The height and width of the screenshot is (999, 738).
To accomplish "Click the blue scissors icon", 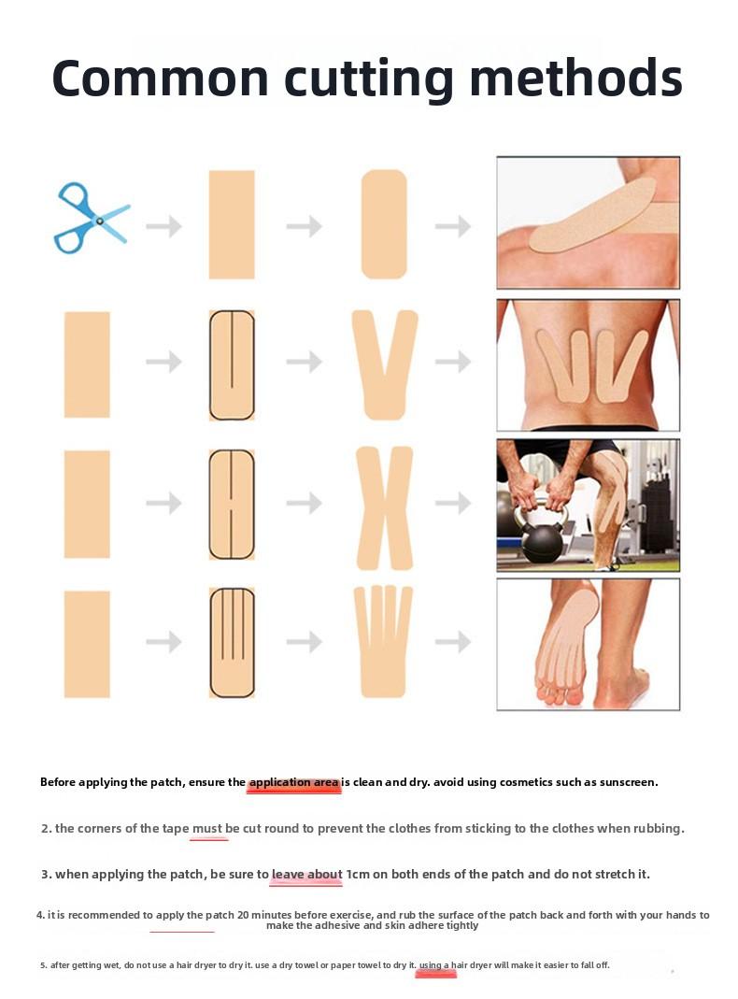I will point(91,218).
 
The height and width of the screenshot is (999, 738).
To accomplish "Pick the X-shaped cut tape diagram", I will point(384,507).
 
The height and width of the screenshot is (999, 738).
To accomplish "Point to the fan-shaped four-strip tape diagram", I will point(384,643).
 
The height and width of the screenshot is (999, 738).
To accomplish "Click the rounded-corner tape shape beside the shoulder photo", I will point(384,224).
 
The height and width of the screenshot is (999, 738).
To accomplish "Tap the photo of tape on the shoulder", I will point(588,222).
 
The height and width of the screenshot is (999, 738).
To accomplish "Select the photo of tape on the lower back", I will point(588,365).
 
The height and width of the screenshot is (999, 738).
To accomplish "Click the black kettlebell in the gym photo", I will point(542,537).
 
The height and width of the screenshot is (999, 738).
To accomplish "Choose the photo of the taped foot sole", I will point(588,644).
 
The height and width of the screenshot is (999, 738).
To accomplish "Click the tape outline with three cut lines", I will point(232,643).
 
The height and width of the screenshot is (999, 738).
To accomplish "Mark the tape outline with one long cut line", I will point(232,364).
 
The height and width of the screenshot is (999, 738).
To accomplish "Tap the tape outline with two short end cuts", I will point(232,505).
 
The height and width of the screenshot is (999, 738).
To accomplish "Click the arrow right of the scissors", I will point(163,226).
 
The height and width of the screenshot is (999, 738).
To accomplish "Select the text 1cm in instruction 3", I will point(357,875).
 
